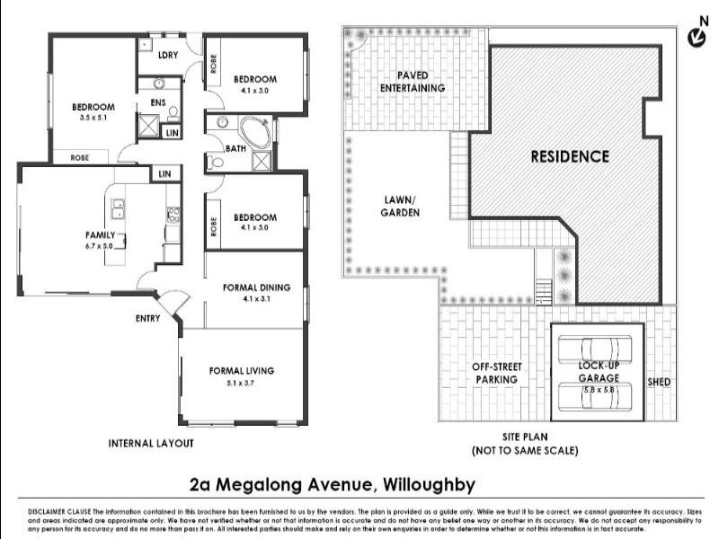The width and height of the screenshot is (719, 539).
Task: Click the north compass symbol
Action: pos(696,35)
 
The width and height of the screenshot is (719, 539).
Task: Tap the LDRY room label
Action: pos(167,56)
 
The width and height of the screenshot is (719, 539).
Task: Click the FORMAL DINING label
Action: pos(256,287)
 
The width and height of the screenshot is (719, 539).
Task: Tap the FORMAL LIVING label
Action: pos(241,370)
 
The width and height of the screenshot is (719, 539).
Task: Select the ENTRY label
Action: pos(148,318)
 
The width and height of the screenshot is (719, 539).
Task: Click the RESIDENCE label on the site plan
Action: pos(569,156)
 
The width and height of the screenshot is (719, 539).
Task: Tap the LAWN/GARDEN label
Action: pos(398,207)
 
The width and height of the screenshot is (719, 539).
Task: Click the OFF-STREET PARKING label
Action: pos(496,373)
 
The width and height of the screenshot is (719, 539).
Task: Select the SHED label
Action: pos(659,382)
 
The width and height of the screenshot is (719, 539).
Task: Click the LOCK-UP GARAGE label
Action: pos(598,373)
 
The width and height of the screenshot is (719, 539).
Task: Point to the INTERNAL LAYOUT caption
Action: pos(150,443)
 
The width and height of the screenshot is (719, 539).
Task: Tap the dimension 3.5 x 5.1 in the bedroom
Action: pos(93,118)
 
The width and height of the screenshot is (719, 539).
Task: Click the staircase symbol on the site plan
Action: pos(543,291)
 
